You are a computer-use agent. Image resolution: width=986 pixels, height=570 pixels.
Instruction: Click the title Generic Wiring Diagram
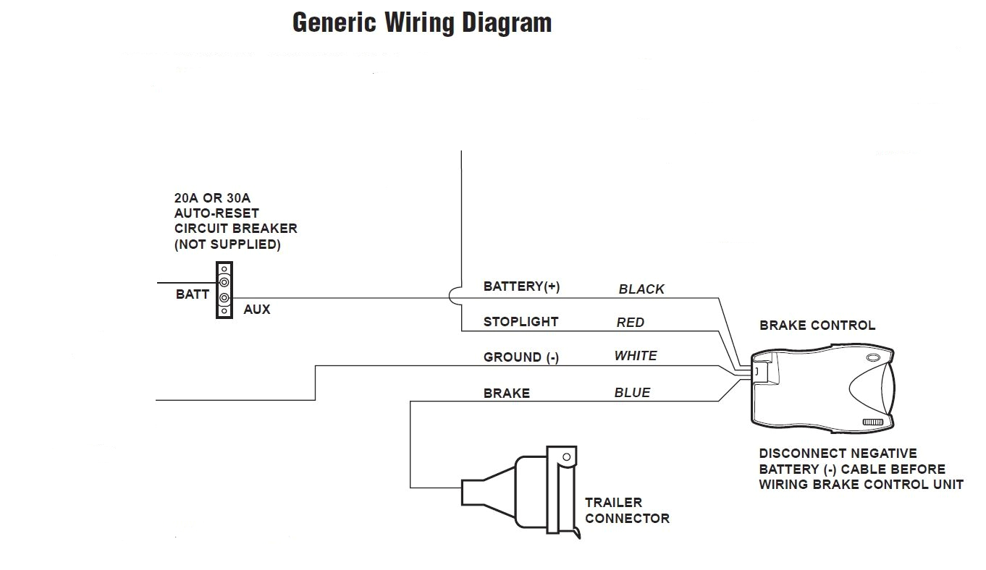click(421, 23)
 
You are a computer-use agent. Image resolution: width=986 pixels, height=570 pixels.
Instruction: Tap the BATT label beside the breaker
click(192, 294)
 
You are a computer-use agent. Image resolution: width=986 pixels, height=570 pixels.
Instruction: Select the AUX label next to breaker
click(256, 310)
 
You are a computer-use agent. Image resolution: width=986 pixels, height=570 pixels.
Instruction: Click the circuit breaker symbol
click(224, 290)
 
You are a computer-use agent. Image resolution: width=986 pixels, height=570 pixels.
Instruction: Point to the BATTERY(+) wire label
click(521, 286)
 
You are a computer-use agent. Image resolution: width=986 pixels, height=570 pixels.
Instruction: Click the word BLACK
click(641, 289)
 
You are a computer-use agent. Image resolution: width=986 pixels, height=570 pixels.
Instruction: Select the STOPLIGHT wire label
click(521, 322)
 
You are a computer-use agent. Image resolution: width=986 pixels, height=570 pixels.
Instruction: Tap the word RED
click(630, 323)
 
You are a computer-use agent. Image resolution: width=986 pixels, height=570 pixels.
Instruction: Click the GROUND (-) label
click(521, 357)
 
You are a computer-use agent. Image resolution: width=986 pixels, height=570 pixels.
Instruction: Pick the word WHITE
click(635, 356)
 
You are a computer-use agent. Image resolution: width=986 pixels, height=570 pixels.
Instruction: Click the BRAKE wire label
click(506, 394)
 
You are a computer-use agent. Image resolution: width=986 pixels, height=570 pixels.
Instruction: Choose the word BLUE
click(632, 393)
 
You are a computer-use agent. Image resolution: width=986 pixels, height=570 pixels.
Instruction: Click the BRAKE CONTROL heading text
click(817, 326)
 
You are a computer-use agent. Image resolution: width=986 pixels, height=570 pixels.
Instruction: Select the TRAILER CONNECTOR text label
click(627, 510)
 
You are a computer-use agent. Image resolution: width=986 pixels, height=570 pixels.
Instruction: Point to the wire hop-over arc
click(454, 297)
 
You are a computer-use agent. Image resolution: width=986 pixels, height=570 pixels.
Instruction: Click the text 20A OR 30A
click(211, 197)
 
